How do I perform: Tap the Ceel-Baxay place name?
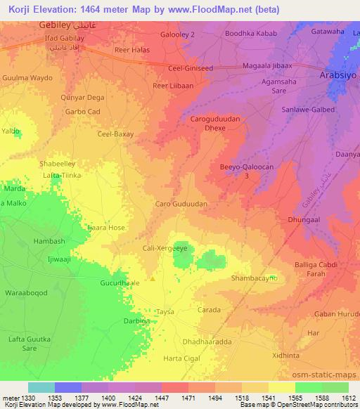[115, 134]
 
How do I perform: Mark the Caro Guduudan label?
[181, 203]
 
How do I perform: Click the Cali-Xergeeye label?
[165, 249]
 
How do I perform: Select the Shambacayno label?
[255, 278]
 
